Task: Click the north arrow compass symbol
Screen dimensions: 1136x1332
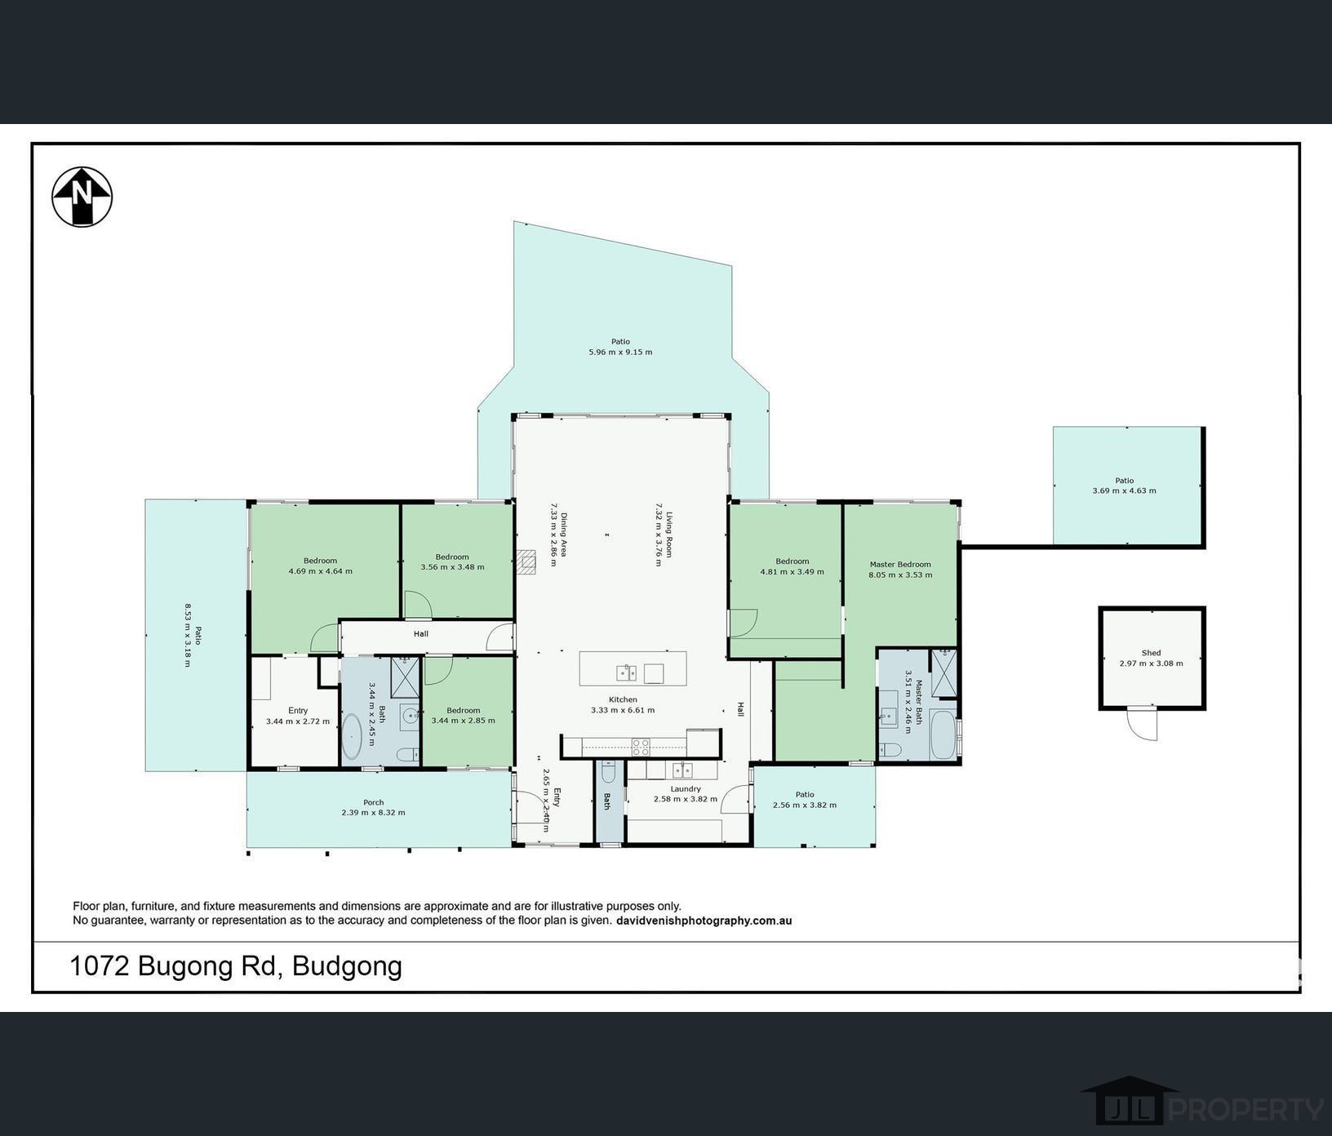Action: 82,197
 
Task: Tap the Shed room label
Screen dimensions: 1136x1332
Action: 1151,653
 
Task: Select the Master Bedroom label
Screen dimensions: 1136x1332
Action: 900,564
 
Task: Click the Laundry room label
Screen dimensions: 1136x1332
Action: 686,789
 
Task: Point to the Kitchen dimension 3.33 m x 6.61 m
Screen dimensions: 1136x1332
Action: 623,710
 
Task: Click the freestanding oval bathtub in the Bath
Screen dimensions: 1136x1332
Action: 352,737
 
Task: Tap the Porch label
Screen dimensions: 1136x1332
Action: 373,802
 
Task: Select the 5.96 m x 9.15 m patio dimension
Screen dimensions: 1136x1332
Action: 620,353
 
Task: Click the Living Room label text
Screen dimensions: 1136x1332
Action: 669,535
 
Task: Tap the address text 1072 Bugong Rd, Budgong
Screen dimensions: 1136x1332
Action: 236,966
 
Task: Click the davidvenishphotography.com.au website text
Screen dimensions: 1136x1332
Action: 704,921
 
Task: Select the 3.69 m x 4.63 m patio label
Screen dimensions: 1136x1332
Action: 1124,490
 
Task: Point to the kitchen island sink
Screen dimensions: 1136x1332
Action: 626,673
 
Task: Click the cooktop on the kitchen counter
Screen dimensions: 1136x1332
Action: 641,744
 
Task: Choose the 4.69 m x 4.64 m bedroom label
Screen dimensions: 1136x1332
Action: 320,571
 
